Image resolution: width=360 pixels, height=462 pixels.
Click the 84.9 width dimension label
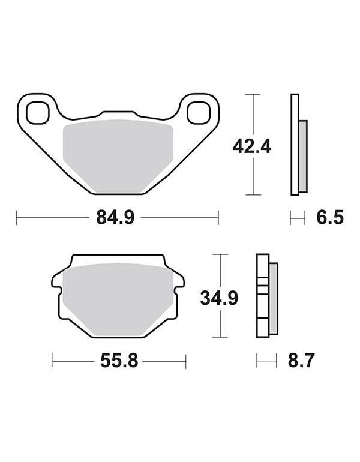click(115, 218)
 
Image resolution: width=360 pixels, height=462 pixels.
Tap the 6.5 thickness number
click(330, 218)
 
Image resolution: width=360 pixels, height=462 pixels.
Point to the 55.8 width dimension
click(119, 361)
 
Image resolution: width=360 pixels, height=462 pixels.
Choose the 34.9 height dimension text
click(219, 298)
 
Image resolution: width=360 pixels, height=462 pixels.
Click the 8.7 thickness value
click(301, 360)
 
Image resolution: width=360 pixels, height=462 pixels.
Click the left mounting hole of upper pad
click(37, 112)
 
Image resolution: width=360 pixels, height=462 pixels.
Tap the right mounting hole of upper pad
click(199, 112)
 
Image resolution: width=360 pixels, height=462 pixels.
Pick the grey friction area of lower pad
click(118, 299)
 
